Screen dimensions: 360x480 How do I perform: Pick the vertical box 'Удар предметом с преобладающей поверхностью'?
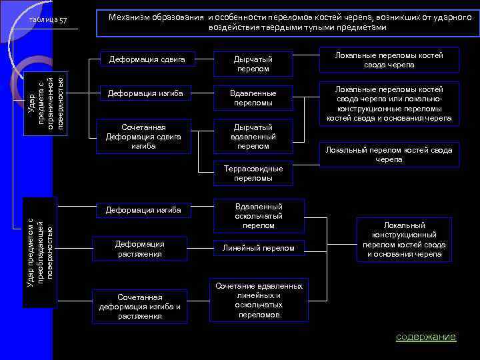pyautogui.click(x=41, y=251)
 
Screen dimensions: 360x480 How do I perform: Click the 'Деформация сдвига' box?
pyautogui.click(x=141, y=60)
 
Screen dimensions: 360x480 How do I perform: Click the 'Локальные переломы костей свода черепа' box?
pyautogui.click(x=389, y=60)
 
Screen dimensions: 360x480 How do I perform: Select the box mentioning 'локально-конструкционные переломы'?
pyautogui.click(x=389, y=103)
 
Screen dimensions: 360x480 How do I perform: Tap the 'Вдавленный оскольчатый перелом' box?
pyautogui.click(x=258, y=216)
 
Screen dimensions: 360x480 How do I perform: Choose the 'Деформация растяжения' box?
pyautogui.click(x=139, y=249)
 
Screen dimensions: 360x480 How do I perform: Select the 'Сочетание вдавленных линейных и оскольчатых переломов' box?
pyautogui.click(x=258, y=300)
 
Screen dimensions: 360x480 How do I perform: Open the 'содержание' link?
pyautogui.click(x=425, y=337)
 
